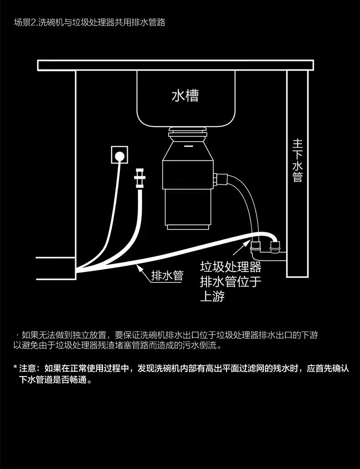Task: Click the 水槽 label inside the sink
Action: pos(185,96)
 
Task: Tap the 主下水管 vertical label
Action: pos(298,160)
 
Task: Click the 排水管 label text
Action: pos(167,275)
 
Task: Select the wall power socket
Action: pos(119,155)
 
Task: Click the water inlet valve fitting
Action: pos(140,178)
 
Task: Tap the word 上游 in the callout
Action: pos(212,296)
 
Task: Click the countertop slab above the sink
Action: pos(175,65)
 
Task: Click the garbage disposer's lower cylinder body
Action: pos(188,209)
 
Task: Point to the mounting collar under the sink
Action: pos(187,133)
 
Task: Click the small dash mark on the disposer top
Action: pos(187,146)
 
